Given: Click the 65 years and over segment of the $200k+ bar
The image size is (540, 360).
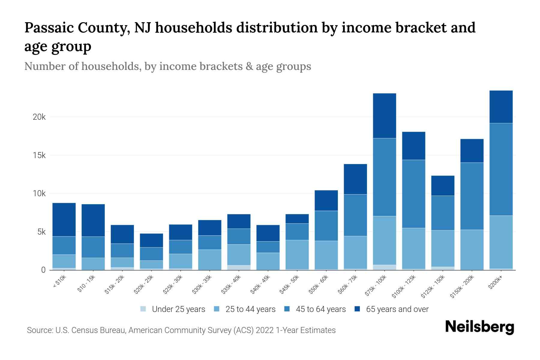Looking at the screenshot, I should click(501, 107).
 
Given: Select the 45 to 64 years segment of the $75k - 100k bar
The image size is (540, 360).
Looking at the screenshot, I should click(384, 177).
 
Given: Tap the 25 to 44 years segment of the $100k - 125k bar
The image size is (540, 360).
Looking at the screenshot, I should click(413, 248).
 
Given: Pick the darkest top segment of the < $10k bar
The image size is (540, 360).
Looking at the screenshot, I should click(64, 220).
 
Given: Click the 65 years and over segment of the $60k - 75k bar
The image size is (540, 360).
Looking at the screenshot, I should click(355, 179).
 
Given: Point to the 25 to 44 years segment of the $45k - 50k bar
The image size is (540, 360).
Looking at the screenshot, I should click(297, 254).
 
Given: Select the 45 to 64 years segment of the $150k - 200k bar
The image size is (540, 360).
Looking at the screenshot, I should click(472, 196).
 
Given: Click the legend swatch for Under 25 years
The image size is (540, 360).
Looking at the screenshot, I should click(143, 309).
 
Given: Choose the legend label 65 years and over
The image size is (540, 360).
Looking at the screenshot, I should click(397, 309).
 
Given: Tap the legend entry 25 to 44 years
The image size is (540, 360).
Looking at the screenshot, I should click(250, 309).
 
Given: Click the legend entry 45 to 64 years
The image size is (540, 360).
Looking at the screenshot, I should click(320, 309).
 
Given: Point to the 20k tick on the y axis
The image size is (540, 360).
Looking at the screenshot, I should click(39, 117).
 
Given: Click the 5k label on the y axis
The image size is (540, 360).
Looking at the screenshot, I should click(41, 232).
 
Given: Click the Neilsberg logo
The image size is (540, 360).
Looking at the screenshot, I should click(480, 327).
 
